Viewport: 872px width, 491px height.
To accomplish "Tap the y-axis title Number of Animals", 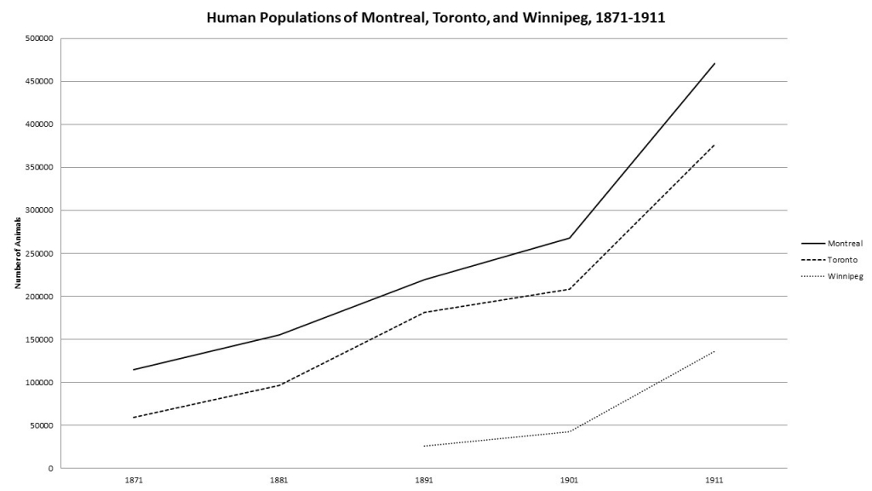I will point(17,253).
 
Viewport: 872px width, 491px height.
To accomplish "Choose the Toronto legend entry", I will point(842,259).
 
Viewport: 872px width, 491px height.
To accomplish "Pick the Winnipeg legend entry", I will point(845,275).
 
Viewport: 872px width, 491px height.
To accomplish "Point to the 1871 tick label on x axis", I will point(134,480).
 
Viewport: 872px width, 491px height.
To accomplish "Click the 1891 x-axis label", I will point(424,480).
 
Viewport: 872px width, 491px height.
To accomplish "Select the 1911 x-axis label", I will point(714,480).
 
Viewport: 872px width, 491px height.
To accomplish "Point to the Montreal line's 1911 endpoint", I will point(714,63).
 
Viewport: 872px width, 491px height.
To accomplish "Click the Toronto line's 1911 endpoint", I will point(714,145).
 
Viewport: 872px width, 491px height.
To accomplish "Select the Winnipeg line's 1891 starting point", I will point(424,446).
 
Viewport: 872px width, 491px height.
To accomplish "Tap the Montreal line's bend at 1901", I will point(570,238).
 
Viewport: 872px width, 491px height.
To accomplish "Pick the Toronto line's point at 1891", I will point(424,312).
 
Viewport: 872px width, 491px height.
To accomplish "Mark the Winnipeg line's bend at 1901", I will point(570,431).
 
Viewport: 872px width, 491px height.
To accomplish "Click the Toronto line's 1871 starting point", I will point(134,417).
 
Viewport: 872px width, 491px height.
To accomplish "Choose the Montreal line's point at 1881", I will point(279,335).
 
